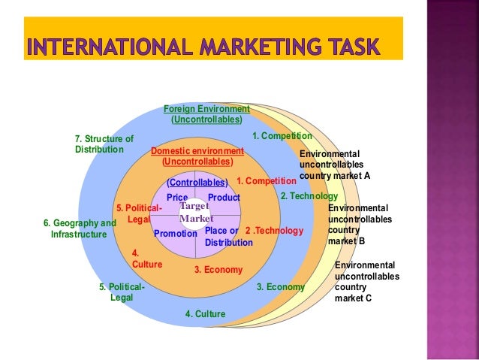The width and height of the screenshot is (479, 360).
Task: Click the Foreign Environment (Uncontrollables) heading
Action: click(x=206, y=114)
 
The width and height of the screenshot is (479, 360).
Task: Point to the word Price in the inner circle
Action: click(x=177, y=198)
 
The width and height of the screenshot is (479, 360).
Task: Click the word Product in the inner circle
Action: click(x=224, y=198)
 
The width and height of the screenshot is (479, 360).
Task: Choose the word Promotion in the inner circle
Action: click(x=175, y=234)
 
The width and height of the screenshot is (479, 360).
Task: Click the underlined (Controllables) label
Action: click(x=197, y=182)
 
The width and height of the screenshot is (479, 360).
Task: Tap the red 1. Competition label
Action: click(x=267, y=181)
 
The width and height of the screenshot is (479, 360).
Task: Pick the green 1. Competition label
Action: click(x=282, y=136)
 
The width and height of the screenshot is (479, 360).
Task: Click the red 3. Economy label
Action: click(x=218, y=270)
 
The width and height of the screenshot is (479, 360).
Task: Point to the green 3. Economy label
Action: click(x=281, y=287)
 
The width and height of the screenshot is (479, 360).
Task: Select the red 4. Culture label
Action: click(x=146, y=259)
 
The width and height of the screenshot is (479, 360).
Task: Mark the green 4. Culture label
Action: click(x=205, y=314)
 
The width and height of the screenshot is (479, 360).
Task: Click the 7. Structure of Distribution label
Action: click(x=104, y=144)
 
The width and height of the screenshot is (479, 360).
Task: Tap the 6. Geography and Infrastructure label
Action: click(x=80, y=228)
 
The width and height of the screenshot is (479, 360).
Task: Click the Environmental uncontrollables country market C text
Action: click(x=366, y=282)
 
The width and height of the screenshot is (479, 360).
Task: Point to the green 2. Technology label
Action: click(x=309, y=196)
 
